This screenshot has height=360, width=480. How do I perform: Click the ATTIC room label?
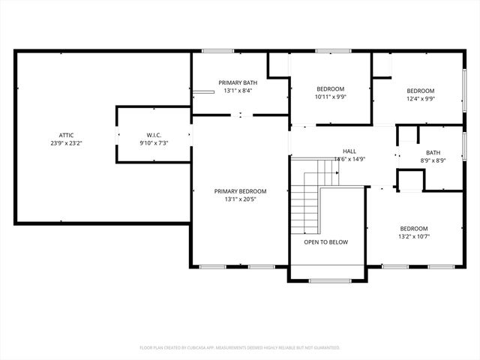point(66,135)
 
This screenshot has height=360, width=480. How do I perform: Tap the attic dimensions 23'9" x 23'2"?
point(66,142)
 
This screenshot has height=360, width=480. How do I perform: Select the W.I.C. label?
point(152,135)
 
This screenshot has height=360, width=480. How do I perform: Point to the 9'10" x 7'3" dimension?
point(152,142)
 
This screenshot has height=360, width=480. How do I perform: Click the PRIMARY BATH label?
point(238,82)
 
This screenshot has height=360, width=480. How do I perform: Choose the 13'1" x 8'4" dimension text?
point(238,91)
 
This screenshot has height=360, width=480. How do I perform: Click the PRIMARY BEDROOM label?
point(240,191)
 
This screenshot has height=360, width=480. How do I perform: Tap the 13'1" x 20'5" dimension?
point(240,199)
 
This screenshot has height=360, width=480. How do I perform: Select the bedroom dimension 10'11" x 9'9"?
point(330,97)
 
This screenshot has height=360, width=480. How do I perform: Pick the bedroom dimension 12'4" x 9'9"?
point(421,97)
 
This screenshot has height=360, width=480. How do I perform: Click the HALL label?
point(349,151)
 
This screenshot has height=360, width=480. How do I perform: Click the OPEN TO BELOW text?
point(325,242)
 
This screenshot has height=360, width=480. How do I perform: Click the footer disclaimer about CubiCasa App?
point(240,347)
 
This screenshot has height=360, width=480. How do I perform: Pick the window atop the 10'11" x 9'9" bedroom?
point(328,51)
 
